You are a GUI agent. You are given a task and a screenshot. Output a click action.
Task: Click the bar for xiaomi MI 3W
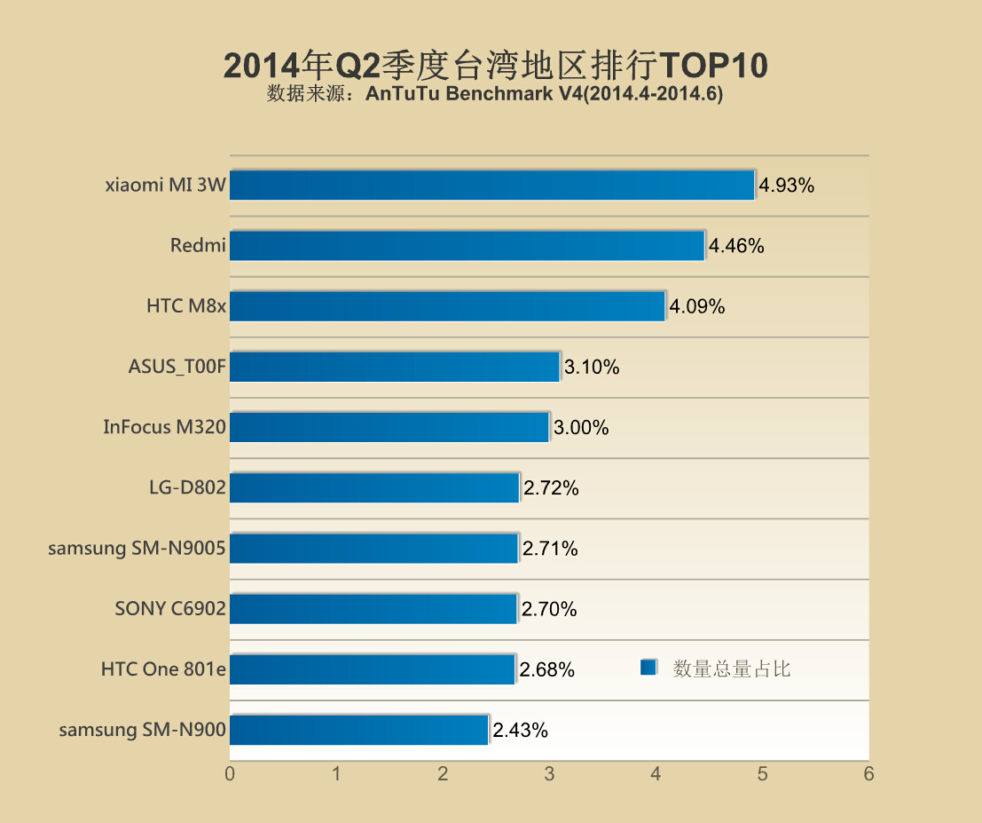[491, 186]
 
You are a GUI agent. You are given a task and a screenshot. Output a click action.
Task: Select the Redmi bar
[467, 246]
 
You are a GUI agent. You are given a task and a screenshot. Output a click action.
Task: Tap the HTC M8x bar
[447, 306]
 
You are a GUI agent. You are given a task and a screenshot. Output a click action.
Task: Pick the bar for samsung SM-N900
[358, 730]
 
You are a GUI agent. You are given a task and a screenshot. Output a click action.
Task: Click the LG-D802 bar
[373, 487]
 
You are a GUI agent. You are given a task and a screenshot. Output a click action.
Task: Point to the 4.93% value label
[786, 186]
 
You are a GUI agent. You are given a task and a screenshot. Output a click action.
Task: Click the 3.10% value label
[592, 368]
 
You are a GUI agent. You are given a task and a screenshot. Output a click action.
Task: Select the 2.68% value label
[547, 670]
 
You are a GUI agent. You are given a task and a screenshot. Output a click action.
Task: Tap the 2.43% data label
[521, 731]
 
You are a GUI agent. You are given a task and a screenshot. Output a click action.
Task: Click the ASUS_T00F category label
[177, 367]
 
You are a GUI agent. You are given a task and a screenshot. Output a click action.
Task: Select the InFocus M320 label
[164, 427]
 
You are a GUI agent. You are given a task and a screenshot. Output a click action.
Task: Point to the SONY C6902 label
[170, 609]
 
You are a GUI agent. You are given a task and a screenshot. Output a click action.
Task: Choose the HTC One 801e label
[163, 669]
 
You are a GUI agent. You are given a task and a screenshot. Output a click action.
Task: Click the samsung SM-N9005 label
[137, 549]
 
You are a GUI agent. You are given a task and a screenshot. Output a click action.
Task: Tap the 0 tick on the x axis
[230, 774]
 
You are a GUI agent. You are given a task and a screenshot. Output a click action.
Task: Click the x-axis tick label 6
[868, 774]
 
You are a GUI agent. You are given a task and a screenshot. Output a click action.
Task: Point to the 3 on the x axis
[549, 774]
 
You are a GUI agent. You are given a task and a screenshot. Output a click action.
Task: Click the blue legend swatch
[648, 668]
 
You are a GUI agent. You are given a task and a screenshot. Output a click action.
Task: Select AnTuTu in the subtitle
[398, 94]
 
